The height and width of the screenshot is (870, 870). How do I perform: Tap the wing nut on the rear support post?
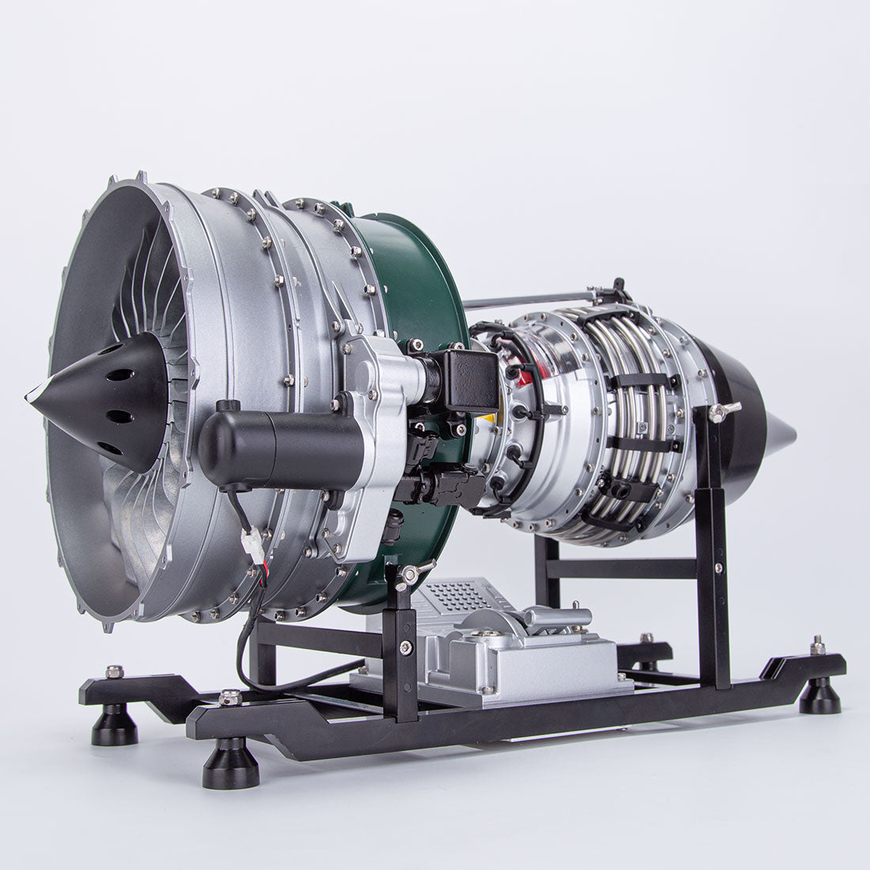[723, 410]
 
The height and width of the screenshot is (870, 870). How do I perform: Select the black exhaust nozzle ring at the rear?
[736, 419]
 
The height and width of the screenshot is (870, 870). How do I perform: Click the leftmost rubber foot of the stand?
[114, 724]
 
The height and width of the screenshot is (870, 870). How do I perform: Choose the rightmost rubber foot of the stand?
[819, 695]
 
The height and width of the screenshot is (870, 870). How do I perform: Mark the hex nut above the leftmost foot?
[114, 672]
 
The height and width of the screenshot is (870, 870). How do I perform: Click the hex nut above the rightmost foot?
[818, 647]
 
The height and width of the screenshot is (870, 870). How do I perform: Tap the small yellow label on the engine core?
[490, 418]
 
